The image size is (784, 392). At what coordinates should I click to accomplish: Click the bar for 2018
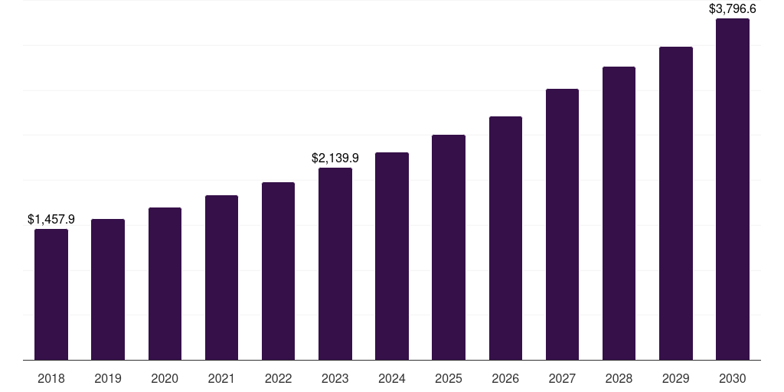[51, 295]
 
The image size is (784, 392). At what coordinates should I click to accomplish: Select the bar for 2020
[165, 284]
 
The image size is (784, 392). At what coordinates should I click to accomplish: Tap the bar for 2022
[278, 271]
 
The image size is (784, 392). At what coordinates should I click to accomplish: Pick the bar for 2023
[335, 264]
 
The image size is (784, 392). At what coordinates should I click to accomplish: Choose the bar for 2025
[449, 247]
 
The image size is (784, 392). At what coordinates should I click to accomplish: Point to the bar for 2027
[562, 224]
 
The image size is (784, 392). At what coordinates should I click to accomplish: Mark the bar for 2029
[676, 204]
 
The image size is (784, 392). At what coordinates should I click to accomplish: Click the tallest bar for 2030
[733, 189]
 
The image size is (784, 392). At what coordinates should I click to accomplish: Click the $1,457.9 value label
[51, 220]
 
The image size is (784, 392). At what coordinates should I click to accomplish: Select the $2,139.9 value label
[335, 158]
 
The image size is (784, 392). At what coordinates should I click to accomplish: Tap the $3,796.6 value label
[733, 9]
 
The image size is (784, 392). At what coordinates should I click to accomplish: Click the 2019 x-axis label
[108, 378]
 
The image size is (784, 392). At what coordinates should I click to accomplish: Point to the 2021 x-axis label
[221, 378]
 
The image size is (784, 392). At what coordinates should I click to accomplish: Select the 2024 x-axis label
[392, 378]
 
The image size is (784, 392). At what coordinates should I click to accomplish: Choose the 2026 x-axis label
[505, 378]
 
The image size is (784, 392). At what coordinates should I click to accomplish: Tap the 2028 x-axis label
[619, 378]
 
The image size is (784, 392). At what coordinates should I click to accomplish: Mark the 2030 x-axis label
[733, 378]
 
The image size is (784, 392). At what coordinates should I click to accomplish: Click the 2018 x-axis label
[51, 378]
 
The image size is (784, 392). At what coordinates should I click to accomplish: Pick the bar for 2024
[392, 256]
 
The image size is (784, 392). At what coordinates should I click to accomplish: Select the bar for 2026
[505, 238]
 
